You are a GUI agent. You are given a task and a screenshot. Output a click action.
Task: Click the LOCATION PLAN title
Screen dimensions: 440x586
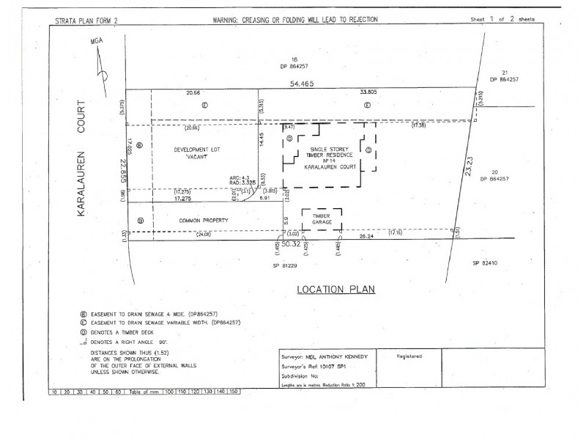(335, 289)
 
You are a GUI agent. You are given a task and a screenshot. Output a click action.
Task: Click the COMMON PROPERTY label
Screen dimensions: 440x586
(200, 220)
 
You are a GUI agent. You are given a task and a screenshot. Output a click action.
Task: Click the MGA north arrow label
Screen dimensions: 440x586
(94, 43)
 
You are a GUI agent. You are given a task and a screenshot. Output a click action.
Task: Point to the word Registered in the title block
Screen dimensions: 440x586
(410, 355)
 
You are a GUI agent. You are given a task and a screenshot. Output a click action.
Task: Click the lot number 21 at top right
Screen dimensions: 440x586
(505, 72)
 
